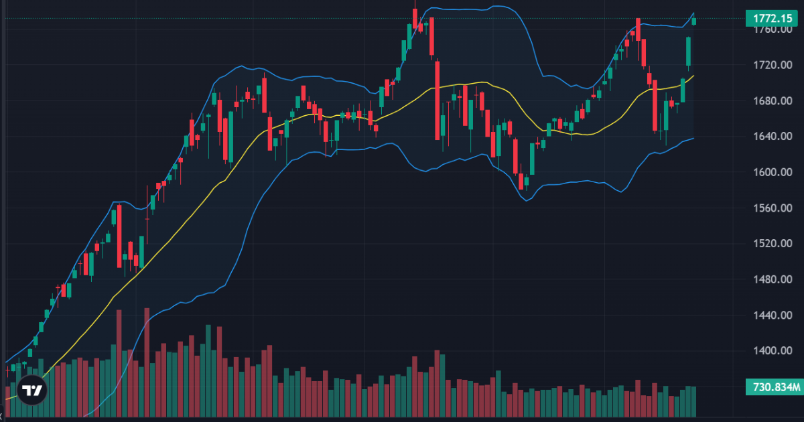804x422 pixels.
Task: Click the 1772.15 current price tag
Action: click(x=773, y=19)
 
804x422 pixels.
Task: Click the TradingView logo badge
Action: click(x=31, y=390)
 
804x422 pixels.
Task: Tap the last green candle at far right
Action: click(x=694, y=21)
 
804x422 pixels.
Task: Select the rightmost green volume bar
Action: click(x=693, y=401)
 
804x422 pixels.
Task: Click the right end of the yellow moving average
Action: click(x=693, y=76)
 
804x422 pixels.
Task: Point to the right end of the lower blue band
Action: click(x=693, y=138)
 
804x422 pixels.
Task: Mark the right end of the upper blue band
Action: click(x=693, y=13)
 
